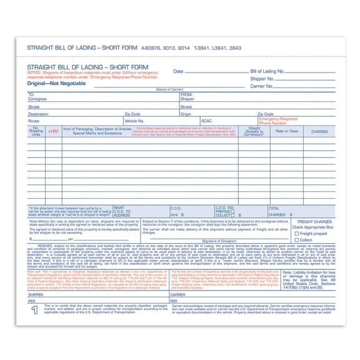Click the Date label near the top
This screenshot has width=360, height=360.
click(178, 71)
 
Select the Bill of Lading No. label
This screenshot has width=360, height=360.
click(267, 71)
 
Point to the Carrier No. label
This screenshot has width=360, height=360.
click(261, 86)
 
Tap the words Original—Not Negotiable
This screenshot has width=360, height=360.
click(52, 83)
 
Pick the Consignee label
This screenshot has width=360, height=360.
click(37, 99)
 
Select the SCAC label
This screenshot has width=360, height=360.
click(207, 121)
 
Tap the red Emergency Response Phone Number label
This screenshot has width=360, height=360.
click(278, 121)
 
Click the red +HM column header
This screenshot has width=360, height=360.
click(53, 131)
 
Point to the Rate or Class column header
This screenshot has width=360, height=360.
click(287, 131)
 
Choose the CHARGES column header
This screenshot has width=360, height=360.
click(319, 131)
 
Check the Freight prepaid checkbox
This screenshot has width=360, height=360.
click(296, 233)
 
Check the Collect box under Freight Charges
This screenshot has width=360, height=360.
click(296, 239)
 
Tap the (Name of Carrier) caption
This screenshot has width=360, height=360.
click(169, 90)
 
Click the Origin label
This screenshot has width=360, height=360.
click(186, 114)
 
